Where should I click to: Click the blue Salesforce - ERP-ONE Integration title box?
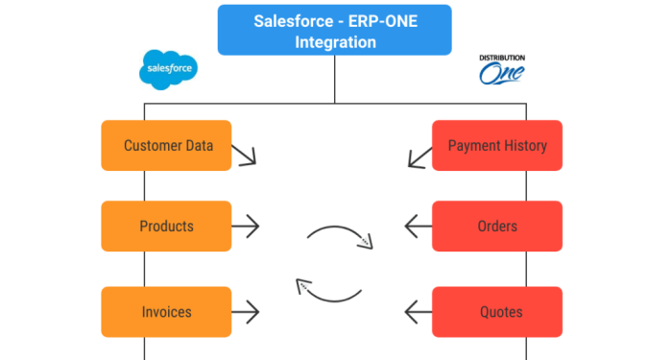tap(335, 30)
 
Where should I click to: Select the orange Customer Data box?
tap(167, 146)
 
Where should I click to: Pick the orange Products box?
tap(167, 227)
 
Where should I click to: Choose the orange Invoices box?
tap(167, 311)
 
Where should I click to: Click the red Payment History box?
tap(496, 146)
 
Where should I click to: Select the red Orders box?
tap(496, 227)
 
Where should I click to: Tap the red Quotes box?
tap(496, 311)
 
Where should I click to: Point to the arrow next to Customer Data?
tap(245, 154)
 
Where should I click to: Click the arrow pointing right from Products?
tap(246, 227)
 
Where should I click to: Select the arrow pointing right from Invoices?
tap(246, 311)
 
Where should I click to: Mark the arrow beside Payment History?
tap(419, 155)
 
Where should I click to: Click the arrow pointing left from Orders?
tap(419, 227)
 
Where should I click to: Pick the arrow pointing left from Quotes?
tap(419, 311)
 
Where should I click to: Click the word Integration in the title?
tap(335, 41)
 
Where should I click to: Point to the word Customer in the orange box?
tap(153, 146)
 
